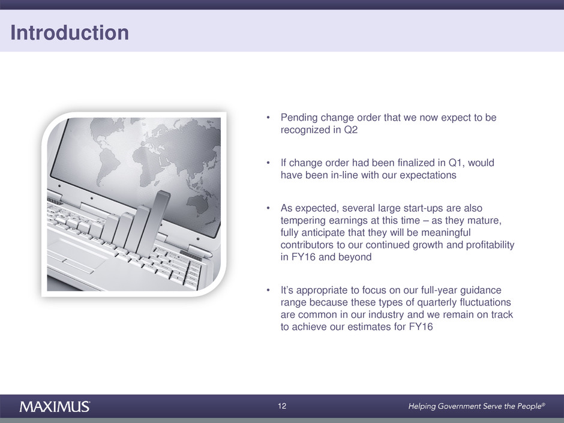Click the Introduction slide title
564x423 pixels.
[70, 33]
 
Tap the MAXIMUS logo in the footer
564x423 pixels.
[55, 406]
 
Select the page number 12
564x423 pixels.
[282, 406]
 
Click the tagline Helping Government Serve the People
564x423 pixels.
[476, 406]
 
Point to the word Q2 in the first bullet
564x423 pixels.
[351, 130]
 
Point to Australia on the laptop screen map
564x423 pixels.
[198, 206]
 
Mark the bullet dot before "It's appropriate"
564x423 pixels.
[268, 290]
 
